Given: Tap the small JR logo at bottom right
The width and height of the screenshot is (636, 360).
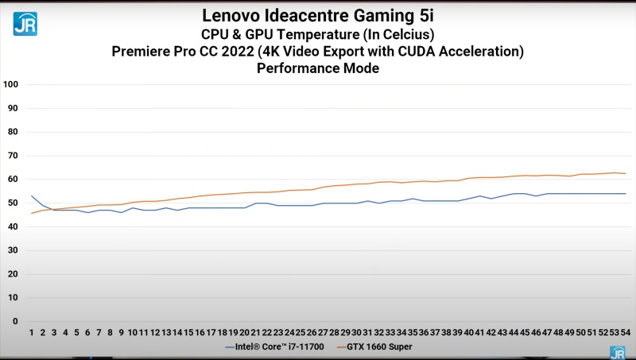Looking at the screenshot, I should click(x=617, y=352).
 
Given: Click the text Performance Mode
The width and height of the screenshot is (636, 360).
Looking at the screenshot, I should click(x=318, y=68).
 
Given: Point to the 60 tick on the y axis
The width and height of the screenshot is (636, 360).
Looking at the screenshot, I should click(x=13, y=179).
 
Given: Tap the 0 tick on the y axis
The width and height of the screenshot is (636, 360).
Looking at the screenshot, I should click(x=16, y=322).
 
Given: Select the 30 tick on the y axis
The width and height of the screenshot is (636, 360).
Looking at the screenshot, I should click(x=13, y=250).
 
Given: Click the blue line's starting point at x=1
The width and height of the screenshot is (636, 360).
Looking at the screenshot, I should click(x=32, y=195).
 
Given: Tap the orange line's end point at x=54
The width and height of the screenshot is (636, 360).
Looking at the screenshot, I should click(x=626, y=173).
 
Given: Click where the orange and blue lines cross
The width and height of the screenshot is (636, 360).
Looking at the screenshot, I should click(x=52, y=209).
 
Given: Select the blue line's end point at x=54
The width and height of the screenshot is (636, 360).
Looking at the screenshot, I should click(x=626, y=194).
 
